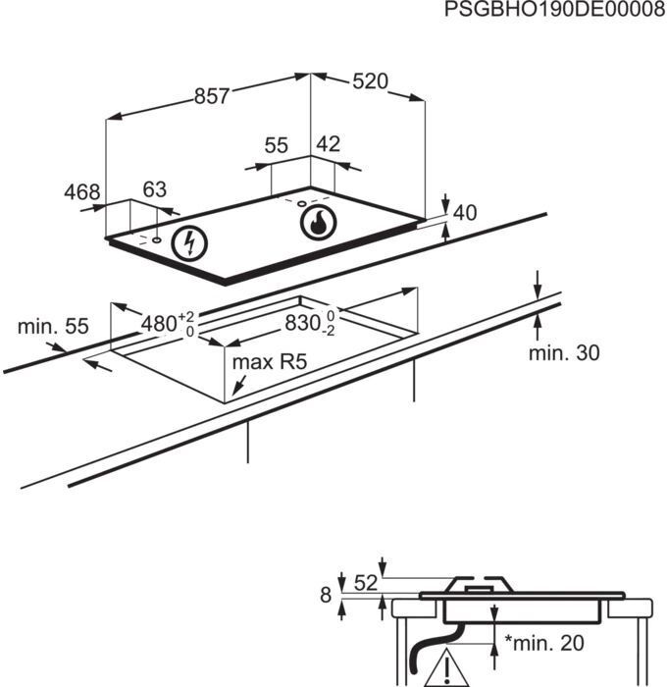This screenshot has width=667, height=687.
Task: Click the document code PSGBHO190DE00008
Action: (x=555, y=9)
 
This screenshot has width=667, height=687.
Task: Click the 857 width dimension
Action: (x=212, y=96)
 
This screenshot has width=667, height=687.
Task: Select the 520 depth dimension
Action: (x=371, y=81)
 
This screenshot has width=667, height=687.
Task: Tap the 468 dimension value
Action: (x=82, y=192)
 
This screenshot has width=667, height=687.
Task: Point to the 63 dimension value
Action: (x=155, y=189)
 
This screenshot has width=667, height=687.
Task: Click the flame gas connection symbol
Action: (x=319, y=223)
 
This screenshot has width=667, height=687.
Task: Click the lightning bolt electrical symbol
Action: (x=189, y=243)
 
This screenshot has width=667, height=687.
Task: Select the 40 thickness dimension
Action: (x=465, y=213)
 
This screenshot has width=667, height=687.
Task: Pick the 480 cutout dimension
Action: (x=168, y=324)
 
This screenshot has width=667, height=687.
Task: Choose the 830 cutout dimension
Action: (x=310, y=323)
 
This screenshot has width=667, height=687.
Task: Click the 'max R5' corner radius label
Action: (x=270, y=362)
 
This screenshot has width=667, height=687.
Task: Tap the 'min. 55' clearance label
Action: (x=53, y=327)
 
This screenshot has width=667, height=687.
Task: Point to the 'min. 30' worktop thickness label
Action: (x=564, y=352)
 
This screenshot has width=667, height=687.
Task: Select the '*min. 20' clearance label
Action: (x=544, y=643)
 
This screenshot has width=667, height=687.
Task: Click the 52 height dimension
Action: (x=365, y=583)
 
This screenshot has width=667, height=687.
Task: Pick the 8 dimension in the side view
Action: (x=326, y=596)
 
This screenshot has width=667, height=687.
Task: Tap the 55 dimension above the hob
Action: (x=277, y=145)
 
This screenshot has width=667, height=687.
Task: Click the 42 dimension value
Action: (x=328, y=144)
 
